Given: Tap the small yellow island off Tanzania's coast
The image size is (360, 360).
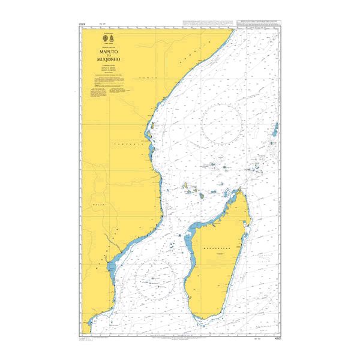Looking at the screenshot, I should (152, 126).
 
